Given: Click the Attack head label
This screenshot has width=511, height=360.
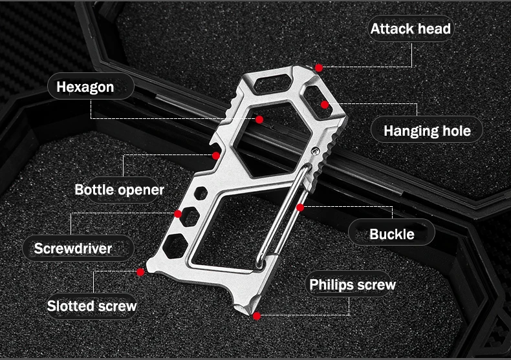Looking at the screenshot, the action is click(411, 28).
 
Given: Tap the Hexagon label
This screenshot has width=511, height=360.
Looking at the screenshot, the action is click(85, 87).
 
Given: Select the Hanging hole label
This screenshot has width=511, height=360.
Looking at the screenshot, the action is click(427, 131).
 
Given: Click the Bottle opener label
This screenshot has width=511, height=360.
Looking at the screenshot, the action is click(119, 190).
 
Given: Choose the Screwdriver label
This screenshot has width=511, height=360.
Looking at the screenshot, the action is click(73, 248).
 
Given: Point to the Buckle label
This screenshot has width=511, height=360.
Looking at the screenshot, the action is click(392, 234).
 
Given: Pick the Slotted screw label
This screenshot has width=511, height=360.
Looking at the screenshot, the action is click(92, 306).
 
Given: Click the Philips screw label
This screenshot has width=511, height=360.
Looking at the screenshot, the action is click(353, 285).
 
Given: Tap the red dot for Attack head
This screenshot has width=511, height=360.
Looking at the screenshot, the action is click(319, 68).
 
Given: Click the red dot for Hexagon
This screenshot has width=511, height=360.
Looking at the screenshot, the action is click(259, 120).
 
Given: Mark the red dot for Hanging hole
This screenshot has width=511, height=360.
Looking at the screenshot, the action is click(325, 105).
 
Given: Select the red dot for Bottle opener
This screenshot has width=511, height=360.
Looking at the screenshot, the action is click(216, 156).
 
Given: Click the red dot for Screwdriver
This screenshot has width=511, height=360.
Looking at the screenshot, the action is click(178, 214).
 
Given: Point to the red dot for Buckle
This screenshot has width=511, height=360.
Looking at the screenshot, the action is click(301, 207).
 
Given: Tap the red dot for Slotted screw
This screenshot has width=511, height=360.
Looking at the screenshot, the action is click(140, 272).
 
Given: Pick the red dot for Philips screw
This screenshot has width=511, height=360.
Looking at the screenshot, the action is click(257, 316).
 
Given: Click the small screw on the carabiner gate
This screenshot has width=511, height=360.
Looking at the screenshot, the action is click(315, 151).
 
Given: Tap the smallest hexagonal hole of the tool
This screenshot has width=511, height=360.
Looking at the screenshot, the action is click(201, 193).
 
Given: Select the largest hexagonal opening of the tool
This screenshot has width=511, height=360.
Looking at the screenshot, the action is click(272, 140).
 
